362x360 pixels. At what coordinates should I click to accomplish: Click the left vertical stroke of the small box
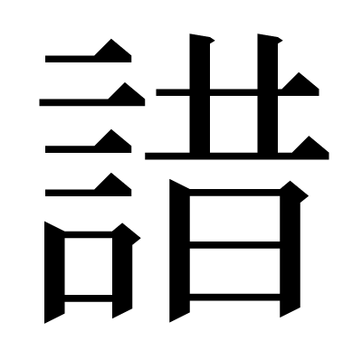54,272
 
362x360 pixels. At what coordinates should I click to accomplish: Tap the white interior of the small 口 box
89,266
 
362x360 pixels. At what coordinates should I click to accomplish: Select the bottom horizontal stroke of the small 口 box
89,298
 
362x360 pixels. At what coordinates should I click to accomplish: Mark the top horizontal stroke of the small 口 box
89,234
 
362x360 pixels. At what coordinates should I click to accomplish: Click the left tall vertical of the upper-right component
200,93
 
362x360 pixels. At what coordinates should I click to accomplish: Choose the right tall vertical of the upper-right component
268,93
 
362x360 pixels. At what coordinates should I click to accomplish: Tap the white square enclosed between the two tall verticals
233,124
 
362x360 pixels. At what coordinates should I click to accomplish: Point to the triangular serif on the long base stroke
310,147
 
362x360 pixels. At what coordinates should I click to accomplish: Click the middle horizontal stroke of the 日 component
234,245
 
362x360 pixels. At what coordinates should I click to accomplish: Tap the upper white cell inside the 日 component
234,219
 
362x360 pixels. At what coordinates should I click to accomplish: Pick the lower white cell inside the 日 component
234,271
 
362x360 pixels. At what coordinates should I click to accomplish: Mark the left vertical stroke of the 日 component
179,251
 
